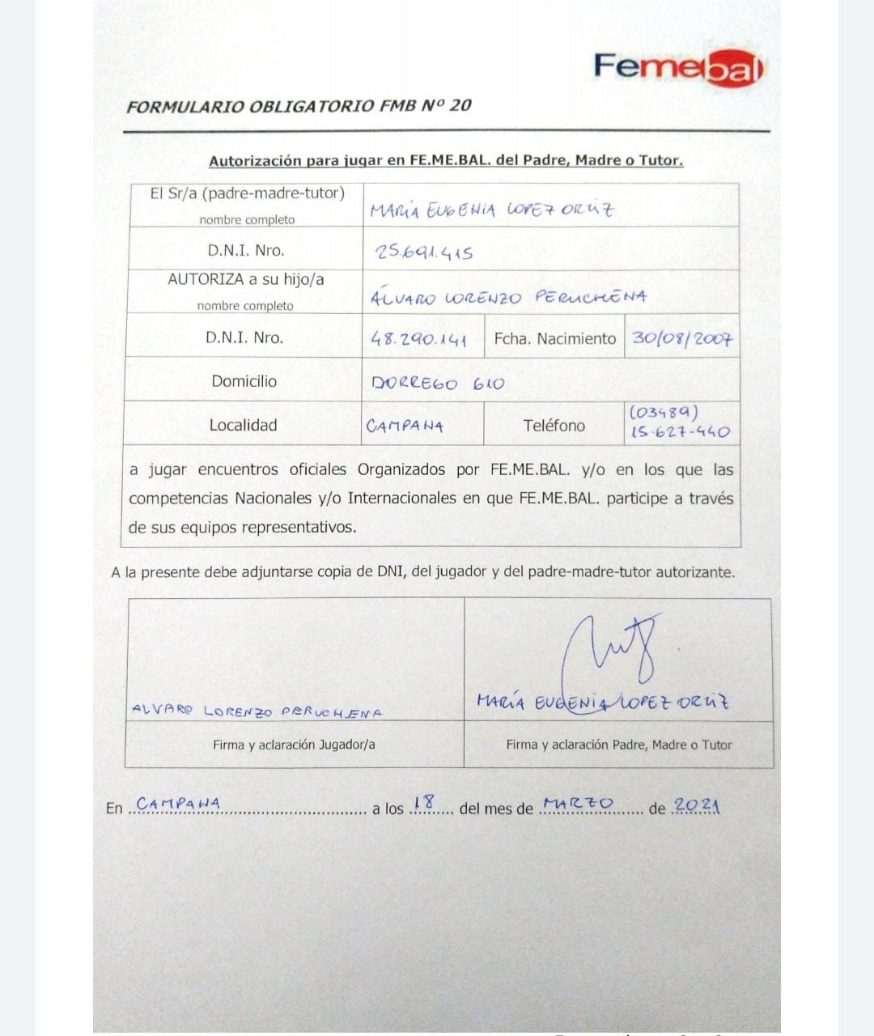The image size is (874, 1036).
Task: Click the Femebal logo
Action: click(x=678, y=67)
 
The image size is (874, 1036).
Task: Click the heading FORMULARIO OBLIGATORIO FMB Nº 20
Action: click(x=299, y=106)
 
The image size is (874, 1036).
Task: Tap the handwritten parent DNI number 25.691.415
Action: click(x=424, y=253)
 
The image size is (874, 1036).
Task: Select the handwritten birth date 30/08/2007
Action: click(x=682, y=338)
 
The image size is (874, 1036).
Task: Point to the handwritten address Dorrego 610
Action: click(x=437, y=383)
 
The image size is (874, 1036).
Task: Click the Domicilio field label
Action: click(x=244, y=381)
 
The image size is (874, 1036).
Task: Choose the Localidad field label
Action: click(x=243, y=425)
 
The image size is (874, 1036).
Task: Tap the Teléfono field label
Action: click(x=554, y=425)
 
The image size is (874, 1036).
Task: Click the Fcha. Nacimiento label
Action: click(x=554, y=338)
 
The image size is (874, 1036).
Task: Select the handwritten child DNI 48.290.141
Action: click(x=418, y=340)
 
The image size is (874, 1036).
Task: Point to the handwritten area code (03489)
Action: click(x=664, y=413)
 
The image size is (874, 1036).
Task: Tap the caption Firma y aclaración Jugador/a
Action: click(x=294, y=745)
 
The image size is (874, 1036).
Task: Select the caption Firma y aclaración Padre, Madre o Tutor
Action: click(x=618, y=745)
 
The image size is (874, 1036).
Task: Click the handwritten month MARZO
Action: click(x=579, y=804)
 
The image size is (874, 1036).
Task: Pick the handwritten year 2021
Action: click(x=696, y=805)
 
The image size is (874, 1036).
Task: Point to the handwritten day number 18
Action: click(x=423, y=802)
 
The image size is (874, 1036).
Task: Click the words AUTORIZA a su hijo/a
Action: click(x=245, y=279)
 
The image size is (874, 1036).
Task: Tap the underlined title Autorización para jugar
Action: click(x=445, y=160)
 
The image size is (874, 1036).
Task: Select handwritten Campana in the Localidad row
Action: click(x=405, y=426)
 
